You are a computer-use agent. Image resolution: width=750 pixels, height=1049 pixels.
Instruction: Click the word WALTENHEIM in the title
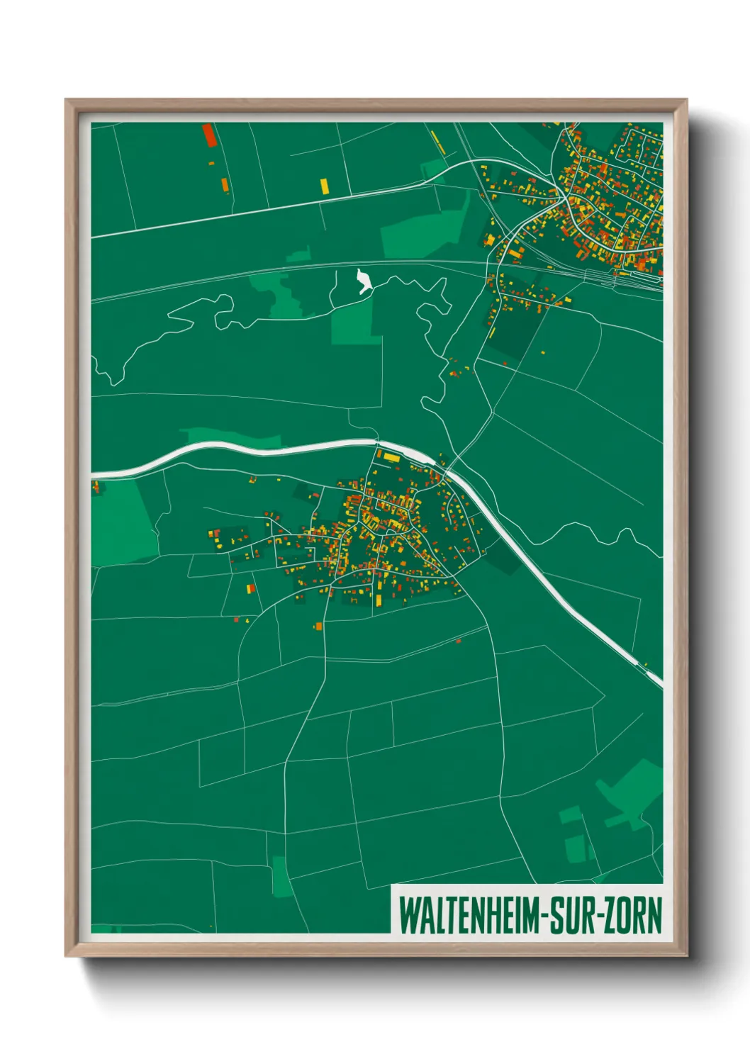tap(469, 915)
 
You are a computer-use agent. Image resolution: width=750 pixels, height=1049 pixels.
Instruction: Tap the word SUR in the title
tap(575, 915)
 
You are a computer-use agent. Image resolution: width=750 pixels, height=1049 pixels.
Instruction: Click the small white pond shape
tap(364, 281)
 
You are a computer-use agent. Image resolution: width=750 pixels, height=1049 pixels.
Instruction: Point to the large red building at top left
tap(208, 135)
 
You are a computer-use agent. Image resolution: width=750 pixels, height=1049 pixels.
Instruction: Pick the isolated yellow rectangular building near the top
tap(324, 186)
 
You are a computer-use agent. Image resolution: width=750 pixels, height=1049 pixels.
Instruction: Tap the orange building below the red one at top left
tap(225, 184)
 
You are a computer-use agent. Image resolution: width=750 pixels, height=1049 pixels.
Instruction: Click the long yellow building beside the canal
tap(391, 457)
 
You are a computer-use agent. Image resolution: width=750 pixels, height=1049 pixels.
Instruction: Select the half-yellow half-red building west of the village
tap(250, 588)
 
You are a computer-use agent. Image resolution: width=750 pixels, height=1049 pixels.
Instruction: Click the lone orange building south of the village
tap(318, 626)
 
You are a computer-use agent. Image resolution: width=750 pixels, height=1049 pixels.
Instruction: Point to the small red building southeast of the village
tap(459, 641)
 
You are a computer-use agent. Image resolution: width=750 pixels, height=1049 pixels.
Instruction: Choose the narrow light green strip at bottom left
tap(281, 876)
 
